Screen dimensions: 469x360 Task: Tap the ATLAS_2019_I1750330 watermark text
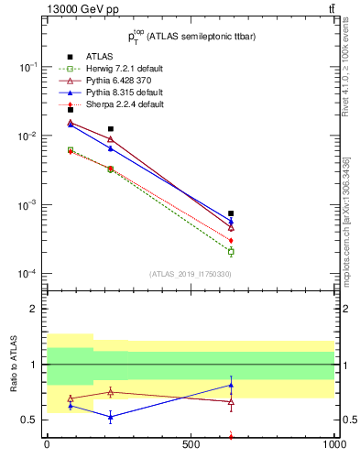[190, 274]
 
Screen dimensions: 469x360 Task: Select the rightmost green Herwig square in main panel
[231, 251]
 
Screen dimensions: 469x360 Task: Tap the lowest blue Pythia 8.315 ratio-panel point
[111, 417]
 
